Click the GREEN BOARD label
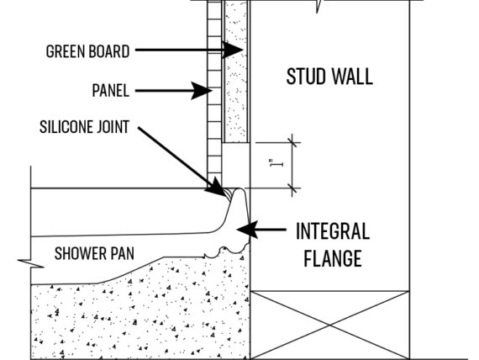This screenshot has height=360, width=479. click(x=87, y=51)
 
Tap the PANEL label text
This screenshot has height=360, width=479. click(x=111, y=91)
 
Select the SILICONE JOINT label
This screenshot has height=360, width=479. click(x=84, y=127)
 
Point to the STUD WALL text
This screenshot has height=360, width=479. click(x=329, y=77)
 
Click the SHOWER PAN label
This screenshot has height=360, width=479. click(x=94, y=253)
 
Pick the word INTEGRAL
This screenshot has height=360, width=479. click(x=333, y=231)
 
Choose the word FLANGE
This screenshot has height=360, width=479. click(x=333, y=258)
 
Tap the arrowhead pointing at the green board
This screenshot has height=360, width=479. click(x=233, y=50)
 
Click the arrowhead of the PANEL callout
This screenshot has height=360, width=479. click(x=202, y=91)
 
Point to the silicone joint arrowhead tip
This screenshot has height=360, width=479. click(x=225, y=195)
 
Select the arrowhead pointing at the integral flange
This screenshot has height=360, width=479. click(x=247, y=230)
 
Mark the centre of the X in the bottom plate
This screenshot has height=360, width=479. click(x=330, y=325)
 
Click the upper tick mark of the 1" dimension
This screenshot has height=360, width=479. click(x=292, y=142)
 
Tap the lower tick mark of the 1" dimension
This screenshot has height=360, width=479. click(x=292, y=188)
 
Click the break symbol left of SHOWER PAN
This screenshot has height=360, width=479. click(x=30, y=263)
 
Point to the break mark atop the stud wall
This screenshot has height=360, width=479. click(x=318, y=6)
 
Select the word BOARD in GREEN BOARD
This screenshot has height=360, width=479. click(x=111, y=51)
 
